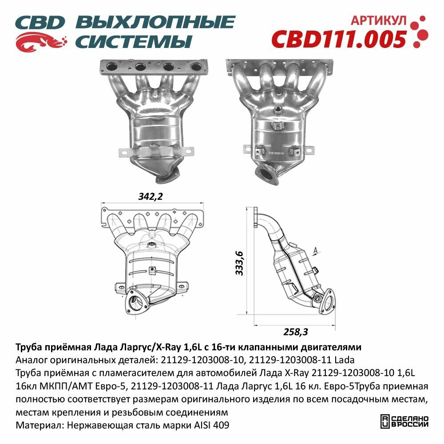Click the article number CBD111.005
[x=338, y=39]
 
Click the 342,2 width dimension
[x=147, y=197]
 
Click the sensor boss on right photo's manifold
[x=279, y=110]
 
